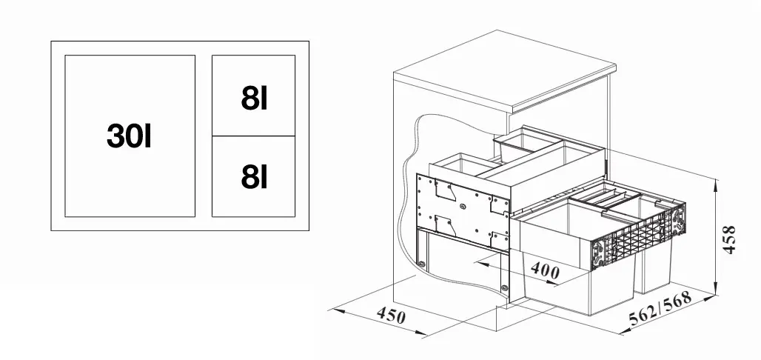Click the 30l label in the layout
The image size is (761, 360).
point(129,136)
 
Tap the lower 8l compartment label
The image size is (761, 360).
point(254,176)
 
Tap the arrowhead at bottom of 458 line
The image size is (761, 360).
point(717,292)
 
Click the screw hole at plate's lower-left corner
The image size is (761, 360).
point(421,263)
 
